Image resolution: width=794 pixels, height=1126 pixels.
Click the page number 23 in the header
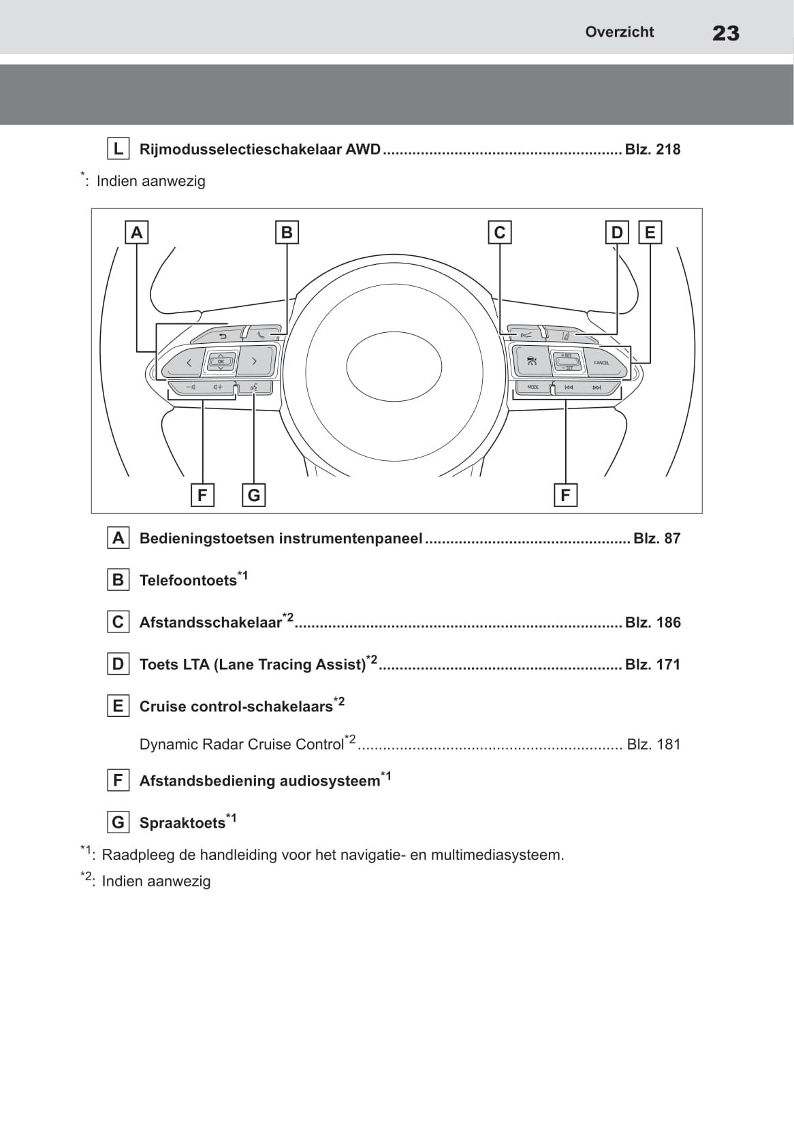click(x=725, y=33)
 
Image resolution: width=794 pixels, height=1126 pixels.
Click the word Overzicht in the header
click(x=619, y=32)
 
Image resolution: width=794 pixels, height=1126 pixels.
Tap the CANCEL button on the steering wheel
click(x=601, y=363)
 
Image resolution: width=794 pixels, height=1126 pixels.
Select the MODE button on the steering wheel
click(x=533, y=387)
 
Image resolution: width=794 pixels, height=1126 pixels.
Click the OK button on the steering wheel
click(x=221, y=361)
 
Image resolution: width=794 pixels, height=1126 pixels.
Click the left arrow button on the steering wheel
click(x=189, y=362)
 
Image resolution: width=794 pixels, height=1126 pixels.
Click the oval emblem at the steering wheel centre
click(x=394, y=366)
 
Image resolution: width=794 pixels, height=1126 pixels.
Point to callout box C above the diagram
click(x=500, y=233)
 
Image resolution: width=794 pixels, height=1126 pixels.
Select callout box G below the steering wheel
click(x=254, y=495)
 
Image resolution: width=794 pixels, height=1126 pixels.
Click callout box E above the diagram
click(x=650, y=233)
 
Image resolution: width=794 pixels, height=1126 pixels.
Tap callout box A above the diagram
click(x=137, y=233)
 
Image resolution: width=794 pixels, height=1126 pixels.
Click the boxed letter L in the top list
click(x=118, y=149)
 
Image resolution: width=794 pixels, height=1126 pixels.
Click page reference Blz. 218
click(x=652, y=150)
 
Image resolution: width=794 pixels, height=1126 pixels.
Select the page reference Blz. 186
click(x=652, y=622)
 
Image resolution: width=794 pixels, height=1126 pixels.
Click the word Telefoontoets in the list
click(x=188, y=581)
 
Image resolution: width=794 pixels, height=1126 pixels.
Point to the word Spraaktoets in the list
click(x=182, y=823)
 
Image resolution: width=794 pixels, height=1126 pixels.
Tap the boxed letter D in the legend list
click(x=118, y=664)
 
